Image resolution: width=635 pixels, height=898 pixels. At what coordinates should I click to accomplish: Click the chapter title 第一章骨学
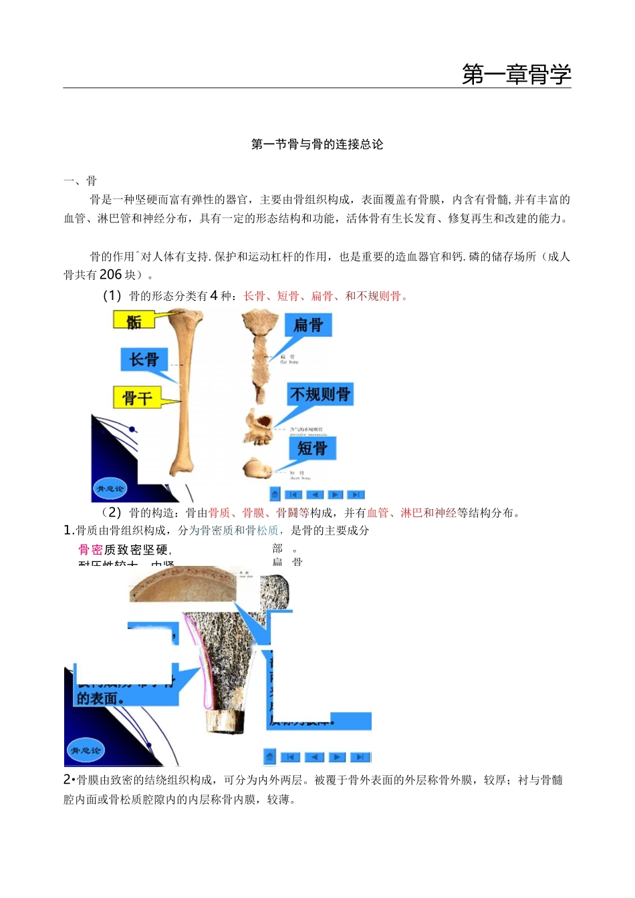[516, 74]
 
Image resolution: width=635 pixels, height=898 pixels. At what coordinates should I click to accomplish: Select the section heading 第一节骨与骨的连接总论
[317, 144]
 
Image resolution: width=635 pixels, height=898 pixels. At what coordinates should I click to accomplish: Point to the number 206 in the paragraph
[110, 275]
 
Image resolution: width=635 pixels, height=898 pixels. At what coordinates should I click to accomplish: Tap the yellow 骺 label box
[134, 321]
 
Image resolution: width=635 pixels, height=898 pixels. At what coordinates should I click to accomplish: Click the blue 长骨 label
[144, 359]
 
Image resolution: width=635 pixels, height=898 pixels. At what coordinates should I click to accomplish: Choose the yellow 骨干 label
[137, 398]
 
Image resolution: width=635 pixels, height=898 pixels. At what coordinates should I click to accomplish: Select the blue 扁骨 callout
[308, 325]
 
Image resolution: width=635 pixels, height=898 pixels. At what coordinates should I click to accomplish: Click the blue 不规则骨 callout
[320, 394]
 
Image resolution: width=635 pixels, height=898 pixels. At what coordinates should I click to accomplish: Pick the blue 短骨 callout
[312, 448]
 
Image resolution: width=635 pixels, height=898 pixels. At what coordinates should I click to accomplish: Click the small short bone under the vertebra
[256, 468]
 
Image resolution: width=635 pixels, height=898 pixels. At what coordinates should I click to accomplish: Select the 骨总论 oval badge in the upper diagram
[110, 488]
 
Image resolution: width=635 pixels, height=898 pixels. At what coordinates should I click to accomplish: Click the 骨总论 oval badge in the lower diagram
[85, 750]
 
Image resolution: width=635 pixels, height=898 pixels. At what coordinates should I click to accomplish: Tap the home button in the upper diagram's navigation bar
[275, 494]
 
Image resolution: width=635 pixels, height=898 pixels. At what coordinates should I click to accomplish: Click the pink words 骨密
[90, 550]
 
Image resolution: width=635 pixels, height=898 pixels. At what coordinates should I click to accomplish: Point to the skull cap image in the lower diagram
[182, 586]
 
